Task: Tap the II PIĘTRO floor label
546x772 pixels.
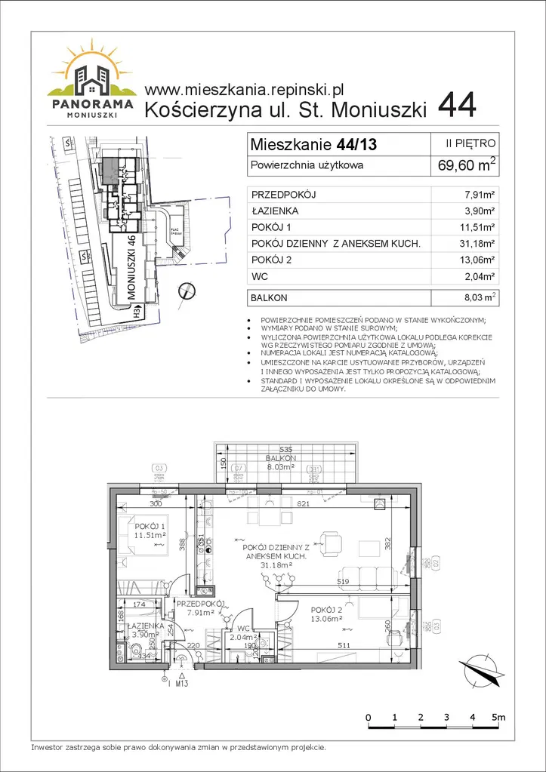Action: pyautogui.click(x=472, y=142)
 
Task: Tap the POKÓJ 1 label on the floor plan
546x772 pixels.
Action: pyautogui.click(x=150, y=526)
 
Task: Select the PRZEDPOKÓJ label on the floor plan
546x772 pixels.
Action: pyautogui.click(x=200, y=604)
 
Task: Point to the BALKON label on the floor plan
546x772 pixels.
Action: pyautogui.click(x=280, y=459)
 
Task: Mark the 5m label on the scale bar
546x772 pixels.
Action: pyautogui.click(x=499, y=716)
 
